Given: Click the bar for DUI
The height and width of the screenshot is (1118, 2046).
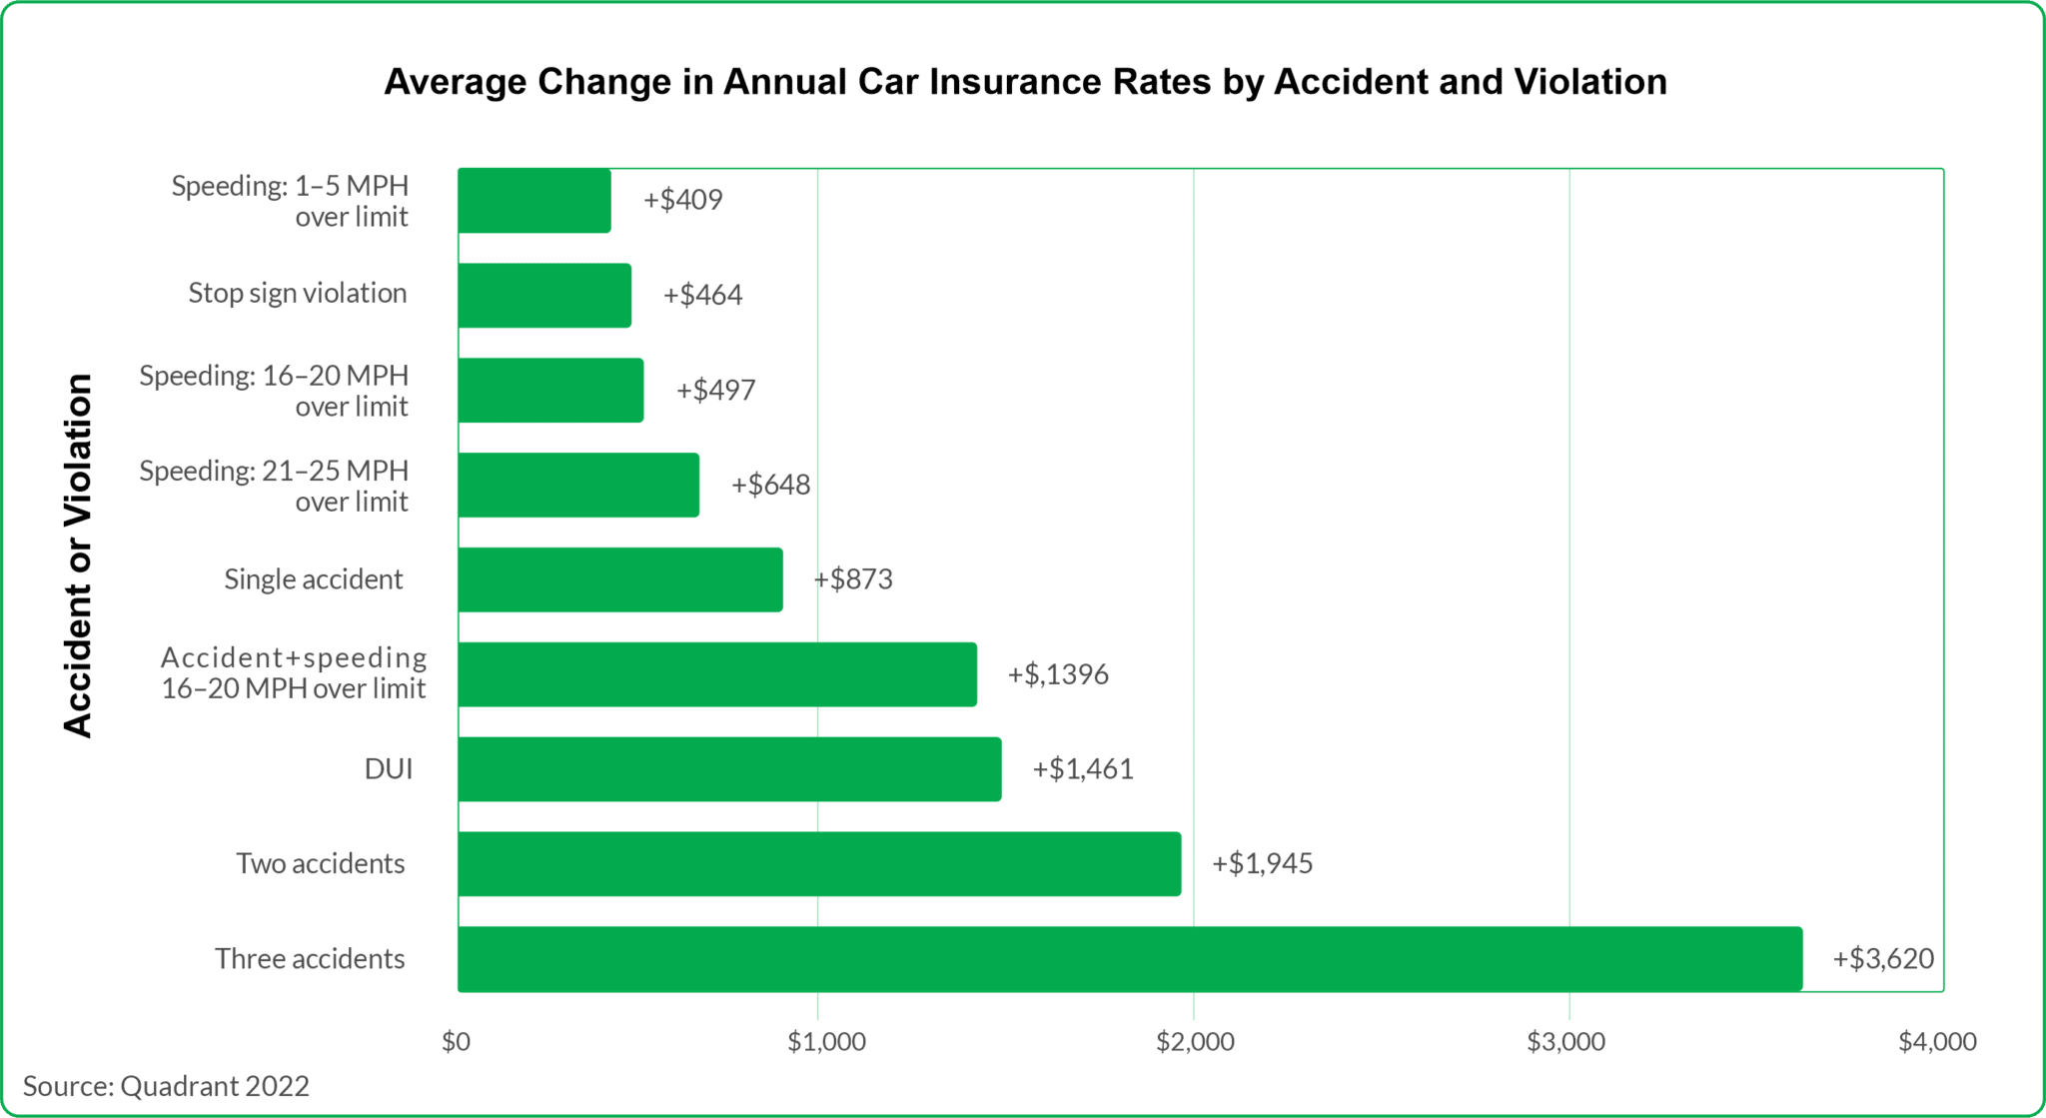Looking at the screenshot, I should point(729,768).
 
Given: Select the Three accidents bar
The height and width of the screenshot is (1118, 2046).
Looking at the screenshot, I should point(1129,958).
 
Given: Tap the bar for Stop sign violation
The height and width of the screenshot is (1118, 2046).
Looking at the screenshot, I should point(544,295).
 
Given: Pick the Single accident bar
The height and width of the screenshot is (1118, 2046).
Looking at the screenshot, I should point(619,578).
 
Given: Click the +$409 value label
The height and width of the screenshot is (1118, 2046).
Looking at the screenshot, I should point(682,200).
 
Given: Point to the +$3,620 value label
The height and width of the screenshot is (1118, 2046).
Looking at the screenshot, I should point(1882,958).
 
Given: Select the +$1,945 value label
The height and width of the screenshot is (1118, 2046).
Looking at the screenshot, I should point(1262,863).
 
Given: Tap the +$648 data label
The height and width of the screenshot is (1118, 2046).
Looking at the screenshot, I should point(770,485).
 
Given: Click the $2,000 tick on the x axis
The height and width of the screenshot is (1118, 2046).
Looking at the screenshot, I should point(1195,1041).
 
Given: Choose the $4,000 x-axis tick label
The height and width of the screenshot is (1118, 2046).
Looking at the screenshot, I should point(1936,1041).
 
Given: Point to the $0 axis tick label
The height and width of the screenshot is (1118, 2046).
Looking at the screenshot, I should point(456,1041).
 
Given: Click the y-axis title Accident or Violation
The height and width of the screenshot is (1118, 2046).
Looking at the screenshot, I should point(78,556).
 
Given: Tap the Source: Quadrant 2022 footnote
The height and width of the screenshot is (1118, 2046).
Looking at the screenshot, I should point(166,1086).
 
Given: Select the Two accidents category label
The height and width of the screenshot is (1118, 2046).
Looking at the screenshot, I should point(320,863).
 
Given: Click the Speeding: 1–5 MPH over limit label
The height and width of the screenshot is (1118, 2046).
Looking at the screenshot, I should point(290,201).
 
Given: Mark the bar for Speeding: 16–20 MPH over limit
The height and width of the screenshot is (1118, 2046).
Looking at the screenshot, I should point(550,390).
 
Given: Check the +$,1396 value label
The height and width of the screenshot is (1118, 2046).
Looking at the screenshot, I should point(1057,674).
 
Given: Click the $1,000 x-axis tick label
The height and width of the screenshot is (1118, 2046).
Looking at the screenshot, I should point(826,1041).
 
